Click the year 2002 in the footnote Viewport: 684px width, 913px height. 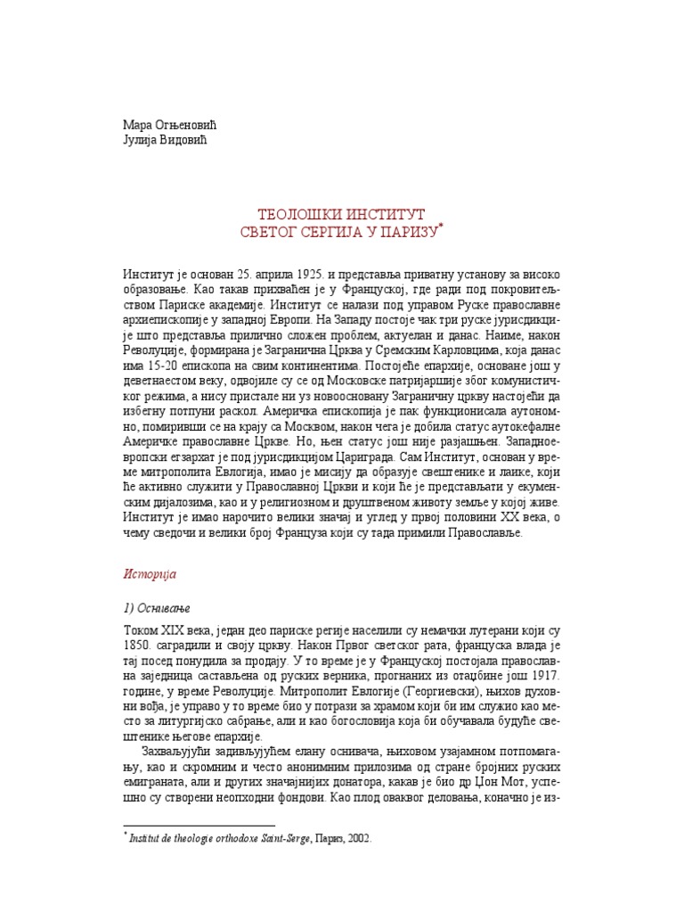point(357,838)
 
